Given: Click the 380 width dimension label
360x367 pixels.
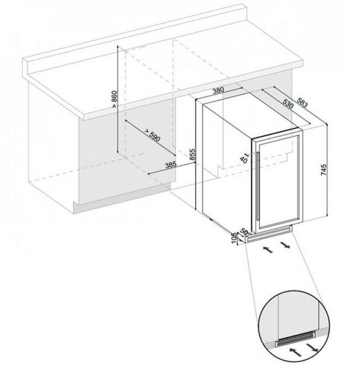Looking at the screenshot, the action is point(218,90).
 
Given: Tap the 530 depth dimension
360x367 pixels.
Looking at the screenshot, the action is point(288,104).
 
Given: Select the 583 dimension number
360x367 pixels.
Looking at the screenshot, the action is point(302,103).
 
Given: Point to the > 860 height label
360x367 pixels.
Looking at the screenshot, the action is point(114,99).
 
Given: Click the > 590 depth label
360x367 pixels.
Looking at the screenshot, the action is point(153,135).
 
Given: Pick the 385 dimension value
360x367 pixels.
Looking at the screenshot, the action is point(171,165).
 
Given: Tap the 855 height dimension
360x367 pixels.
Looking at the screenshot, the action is point(192,155).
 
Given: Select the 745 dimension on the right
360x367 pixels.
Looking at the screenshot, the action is point(323,170).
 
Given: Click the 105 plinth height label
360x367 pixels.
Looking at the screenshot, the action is point(234,238).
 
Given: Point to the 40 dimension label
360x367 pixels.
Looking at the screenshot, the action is point(243,159).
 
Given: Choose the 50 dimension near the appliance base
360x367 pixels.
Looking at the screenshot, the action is point(244,232).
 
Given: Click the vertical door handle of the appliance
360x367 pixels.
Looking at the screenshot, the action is point(258,186).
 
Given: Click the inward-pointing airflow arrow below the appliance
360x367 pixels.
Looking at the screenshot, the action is point(268,249).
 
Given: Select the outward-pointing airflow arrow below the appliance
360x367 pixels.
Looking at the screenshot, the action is point(285,245).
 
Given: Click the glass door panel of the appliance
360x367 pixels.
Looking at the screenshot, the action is point(279,182).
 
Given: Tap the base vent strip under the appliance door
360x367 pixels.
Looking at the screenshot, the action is point(269,235).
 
